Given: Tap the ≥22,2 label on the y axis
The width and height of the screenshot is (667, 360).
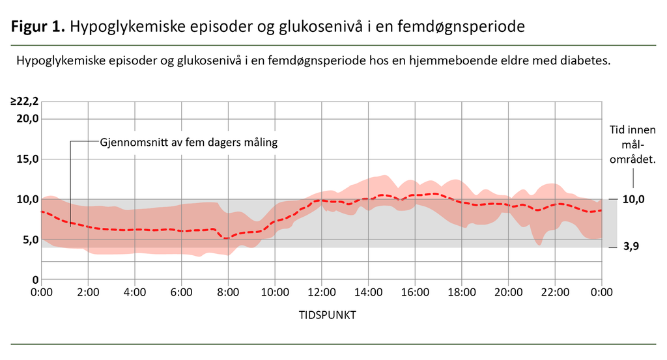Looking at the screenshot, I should [x=24, y=101].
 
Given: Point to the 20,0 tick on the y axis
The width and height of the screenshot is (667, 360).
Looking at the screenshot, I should [x=27, y=118].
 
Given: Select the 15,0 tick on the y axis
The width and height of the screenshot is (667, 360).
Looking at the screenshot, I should [x=27, y=159].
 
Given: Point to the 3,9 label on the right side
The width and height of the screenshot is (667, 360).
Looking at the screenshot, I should [x=631, y=248].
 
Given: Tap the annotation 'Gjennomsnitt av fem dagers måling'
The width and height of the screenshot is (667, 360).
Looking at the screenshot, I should [x=189, y=142].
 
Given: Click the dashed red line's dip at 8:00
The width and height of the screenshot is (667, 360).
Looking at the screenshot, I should [x=227, y=238].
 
